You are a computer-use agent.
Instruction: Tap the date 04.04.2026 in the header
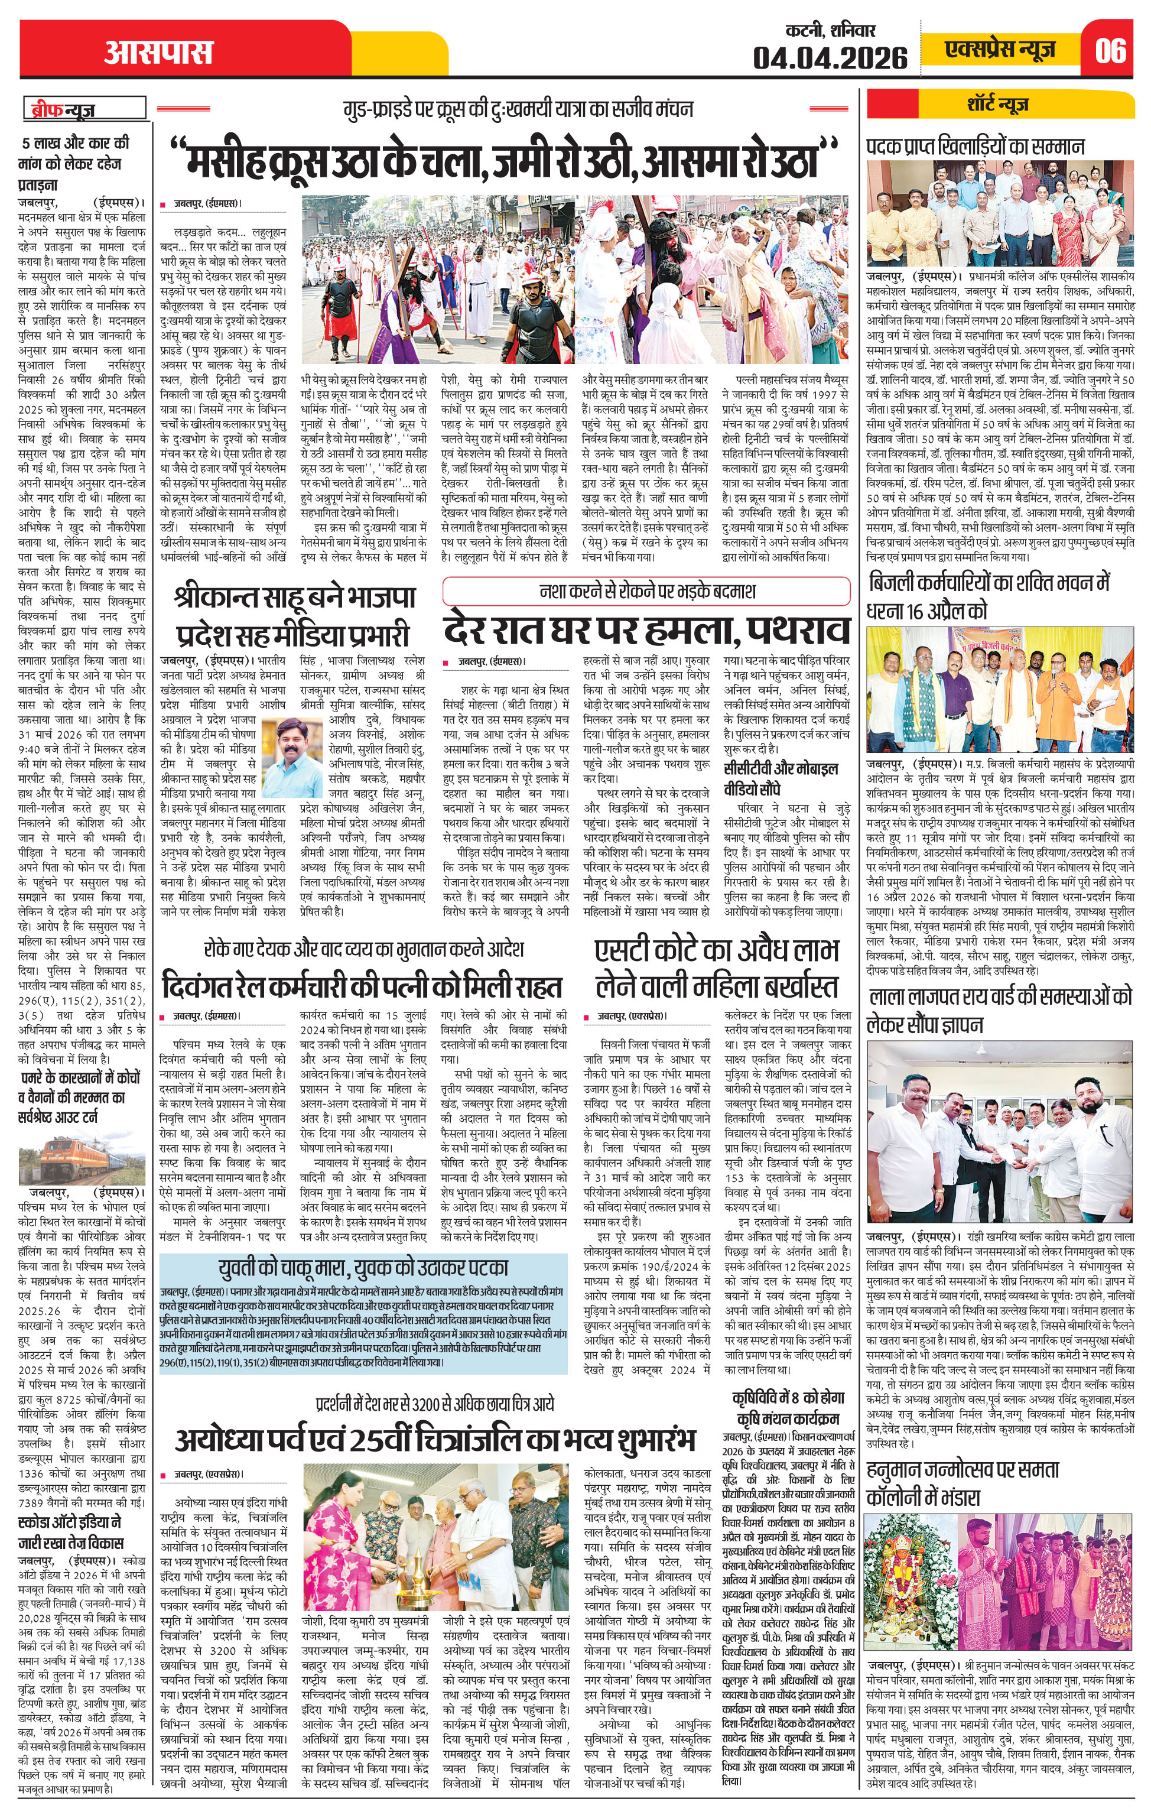(x=830, y=57)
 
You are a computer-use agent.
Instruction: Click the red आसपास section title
(x=158, y=52)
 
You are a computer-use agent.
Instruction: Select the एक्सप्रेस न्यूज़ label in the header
(x=1000, y=50)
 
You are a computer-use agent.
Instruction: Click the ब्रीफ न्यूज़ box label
(x=84, y=109)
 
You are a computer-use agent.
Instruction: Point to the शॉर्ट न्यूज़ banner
(x=998, y=103)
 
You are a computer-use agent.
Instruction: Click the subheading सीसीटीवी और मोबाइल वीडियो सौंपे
(x=780, y=778)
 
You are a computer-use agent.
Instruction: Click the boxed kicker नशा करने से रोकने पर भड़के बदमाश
(x=647, y=591)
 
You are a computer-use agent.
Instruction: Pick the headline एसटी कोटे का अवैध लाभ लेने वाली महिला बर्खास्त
(x=716, y=969)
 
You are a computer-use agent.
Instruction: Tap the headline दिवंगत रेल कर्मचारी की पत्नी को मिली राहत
(x=362, y=986)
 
